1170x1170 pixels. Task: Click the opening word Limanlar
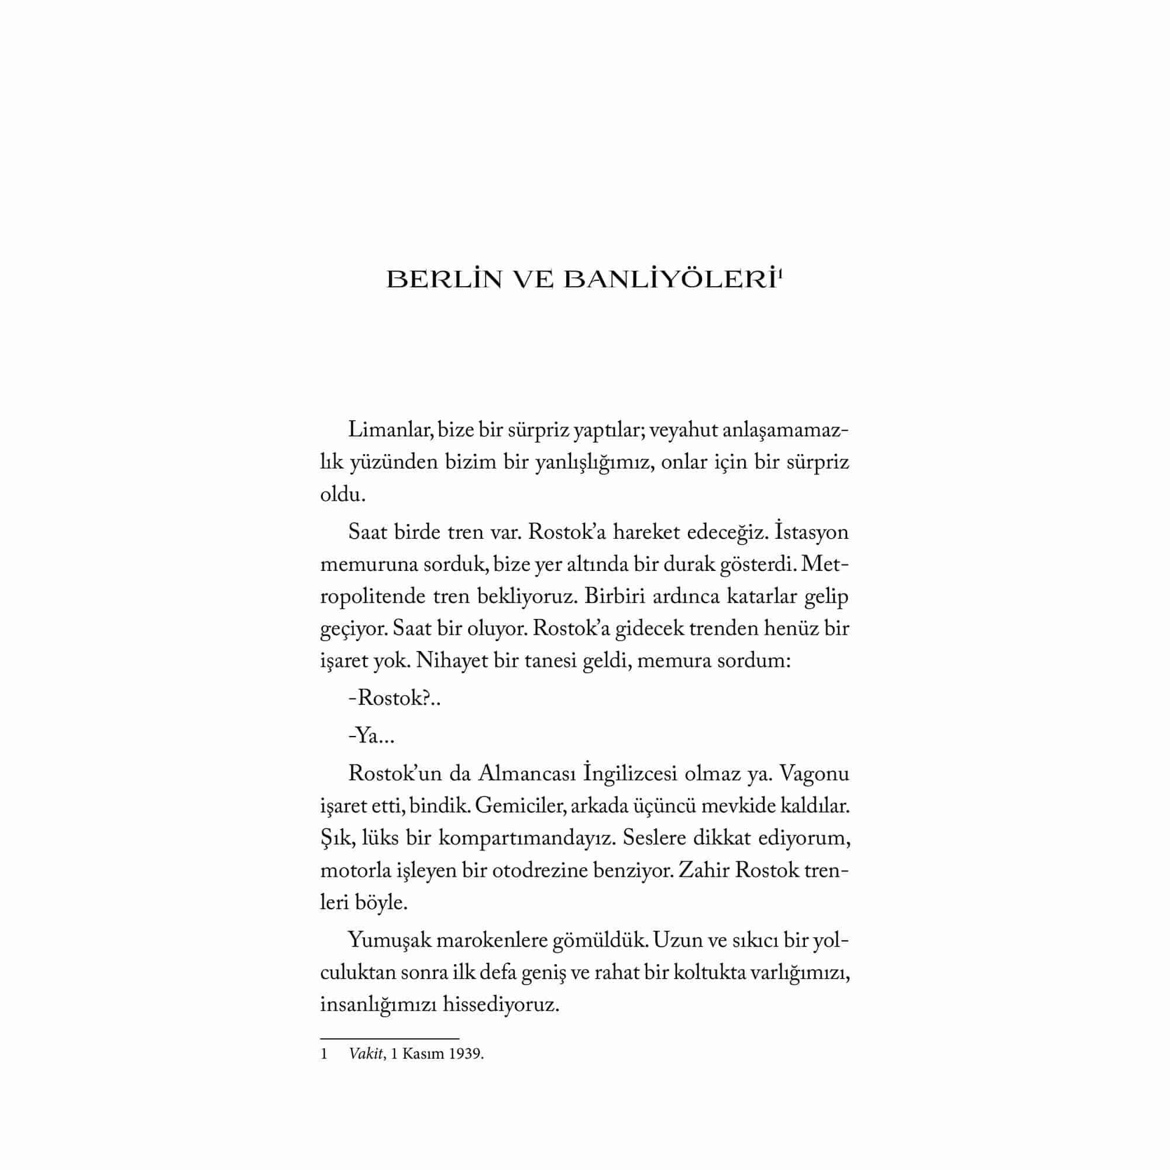pos(390,431)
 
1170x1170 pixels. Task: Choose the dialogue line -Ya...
pos(371,737)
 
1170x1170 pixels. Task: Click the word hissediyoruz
pos(501,1004)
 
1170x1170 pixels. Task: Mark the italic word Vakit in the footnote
pos(366,1054)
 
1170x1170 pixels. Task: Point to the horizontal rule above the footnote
pos(390,1038)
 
